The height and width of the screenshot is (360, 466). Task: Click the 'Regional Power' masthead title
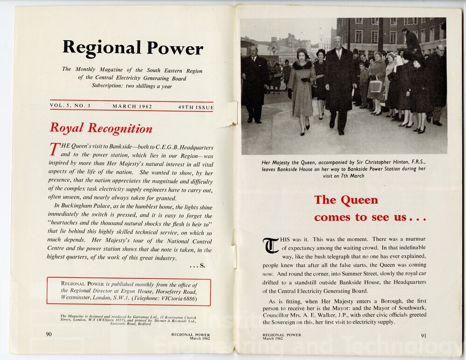point(132,48)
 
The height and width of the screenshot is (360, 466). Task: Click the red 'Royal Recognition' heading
point(101,128)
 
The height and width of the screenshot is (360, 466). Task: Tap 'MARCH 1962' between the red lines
point(132,106)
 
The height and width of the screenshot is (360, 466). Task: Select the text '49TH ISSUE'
point(195,107)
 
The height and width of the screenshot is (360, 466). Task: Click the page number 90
point(49,334)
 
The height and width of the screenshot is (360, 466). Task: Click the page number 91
point(423,335)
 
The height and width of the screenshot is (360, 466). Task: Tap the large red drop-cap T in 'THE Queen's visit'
point(55,149)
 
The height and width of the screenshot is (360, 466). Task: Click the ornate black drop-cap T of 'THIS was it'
point(271,246)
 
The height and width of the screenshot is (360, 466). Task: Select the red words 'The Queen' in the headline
point(346,200)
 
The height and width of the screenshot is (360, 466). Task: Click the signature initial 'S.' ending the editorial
point(202,266)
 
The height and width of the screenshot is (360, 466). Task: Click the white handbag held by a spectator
point(376,85)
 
